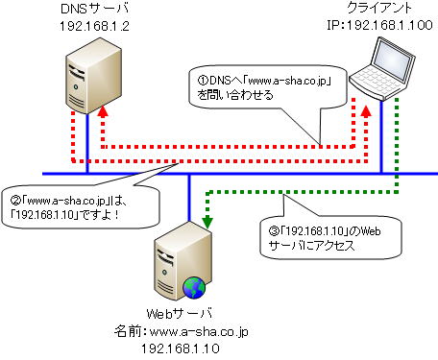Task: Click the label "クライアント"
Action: pos(381,11)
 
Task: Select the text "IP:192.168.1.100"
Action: pos(381,28)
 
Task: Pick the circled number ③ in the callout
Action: pos(267,231)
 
